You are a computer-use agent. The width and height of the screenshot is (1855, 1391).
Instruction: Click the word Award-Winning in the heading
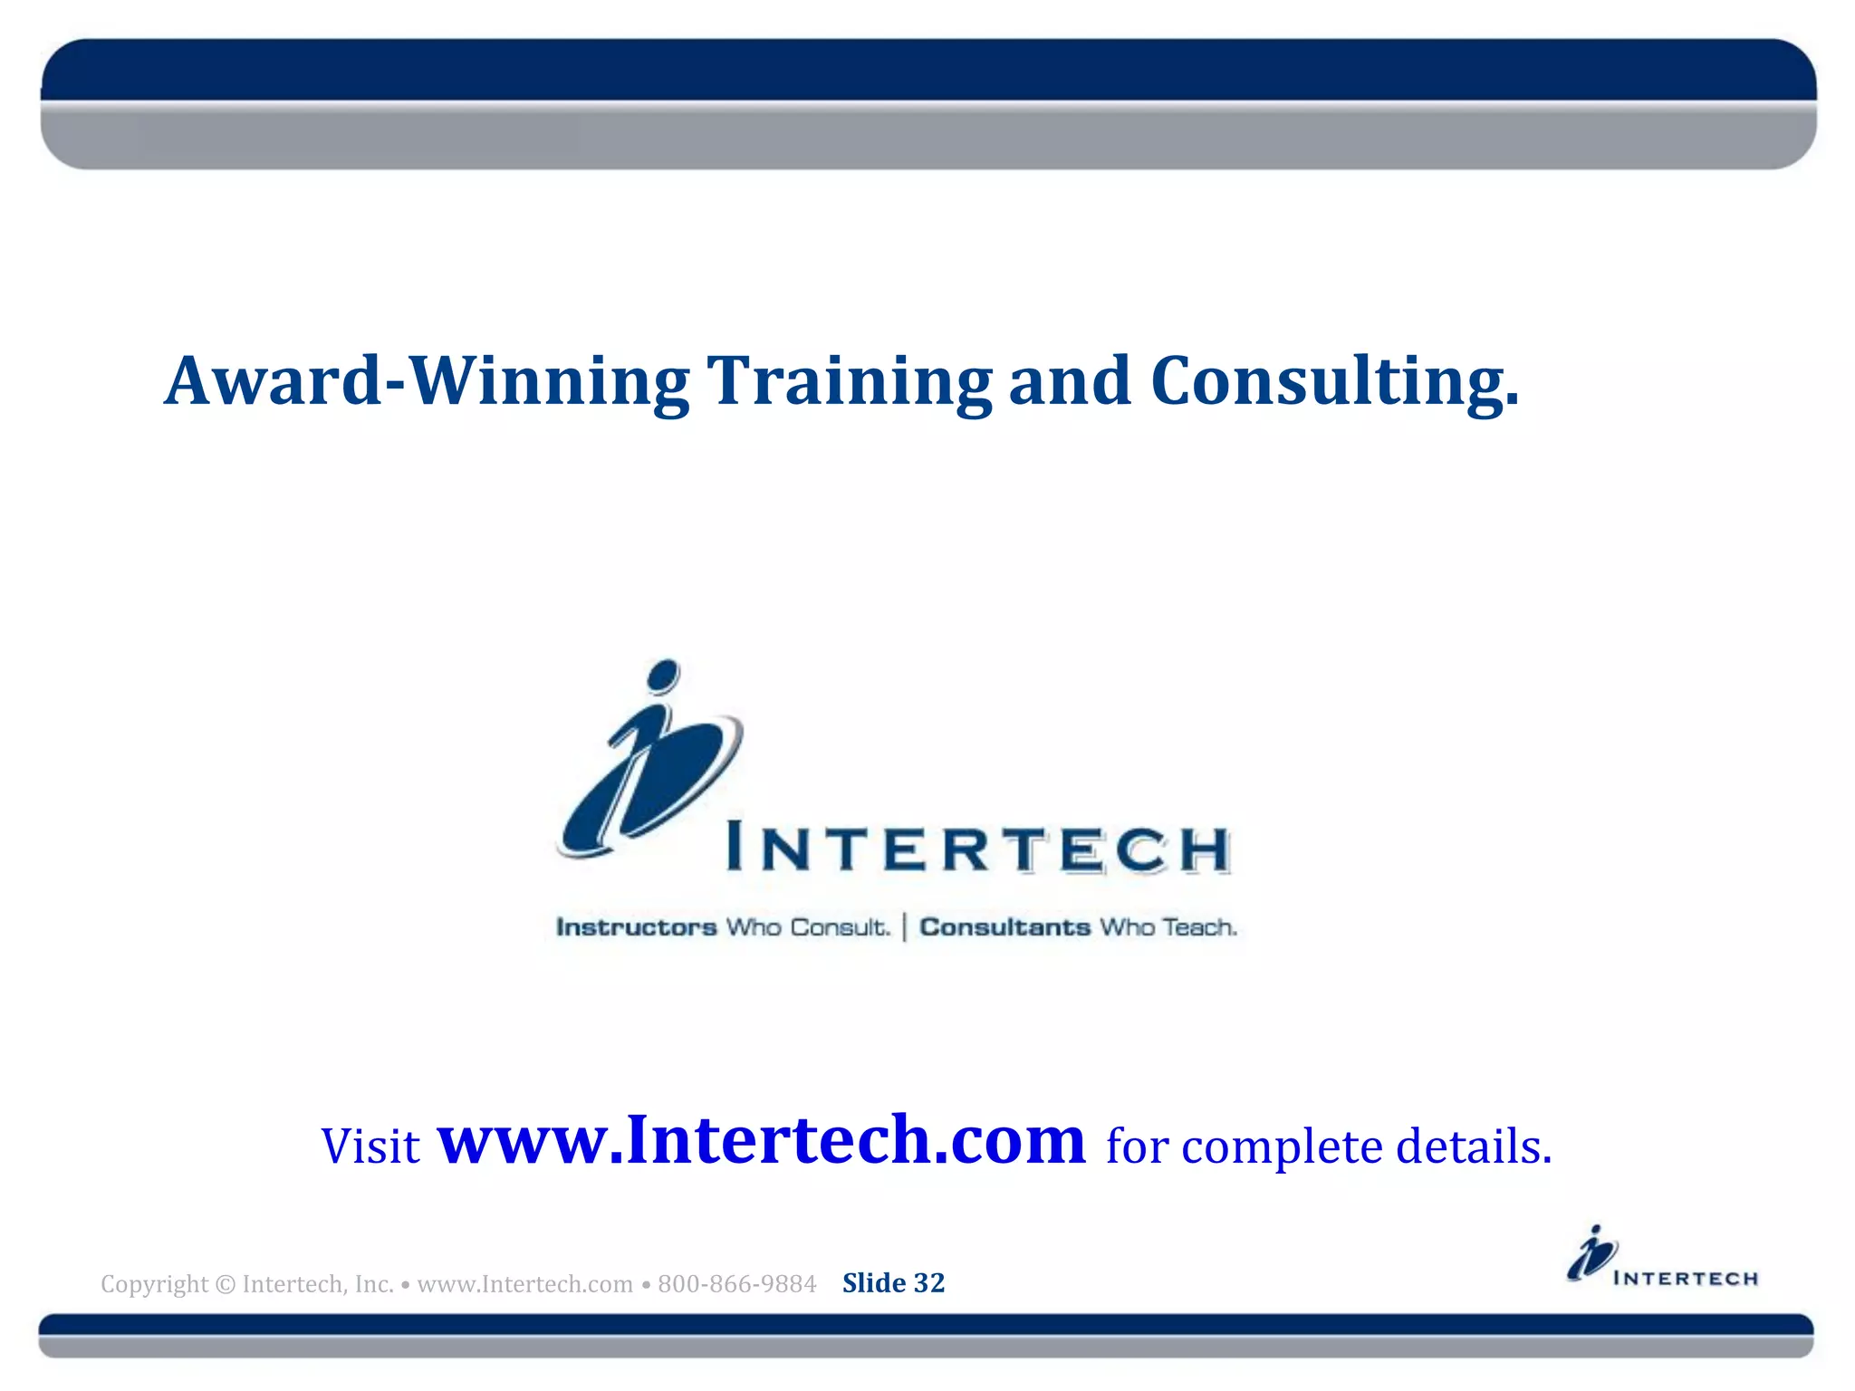point(426,381)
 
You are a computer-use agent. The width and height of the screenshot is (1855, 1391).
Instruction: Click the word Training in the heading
point(849,381)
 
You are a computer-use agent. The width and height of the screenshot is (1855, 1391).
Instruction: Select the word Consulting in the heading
point(1333,381)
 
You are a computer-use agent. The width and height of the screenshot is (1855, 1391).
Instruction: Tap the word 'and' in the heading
point(1069,381)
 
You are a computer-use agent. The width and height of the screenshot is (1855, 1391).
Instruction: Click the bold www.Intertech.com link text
point(761,1140)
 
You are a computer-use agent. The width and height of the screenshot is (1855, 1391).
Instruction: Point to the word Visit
point(370,1146)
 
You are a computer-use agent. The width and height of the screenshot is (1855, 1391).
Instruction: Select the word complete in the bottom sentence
point(1282,1146)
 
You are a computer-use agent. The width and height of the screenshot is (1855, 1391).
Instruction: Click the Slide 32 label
point(893,1283)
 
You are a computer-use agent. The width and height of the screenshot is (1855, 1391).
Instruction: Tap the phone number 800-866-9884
point(736,1284)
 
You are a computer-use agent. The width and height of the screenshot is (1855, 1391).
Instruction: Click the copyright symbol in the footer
point(226,1284)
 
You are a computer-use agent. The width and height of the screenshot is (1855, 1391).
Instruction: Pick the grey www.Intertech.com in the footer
point(524,1284)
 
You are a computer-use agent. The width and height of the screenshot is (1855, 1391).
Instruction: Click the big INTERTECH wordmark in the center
point(978,849)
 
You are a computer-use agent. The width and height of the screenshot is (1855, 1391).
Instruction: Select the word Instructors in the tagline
point(636,927)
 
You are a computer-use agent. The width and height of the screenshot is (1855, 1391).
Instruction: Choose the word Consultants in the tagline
point(1004,927)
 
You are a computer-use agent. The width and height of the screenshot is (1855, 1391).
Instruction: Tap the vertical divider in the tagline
point(904,927)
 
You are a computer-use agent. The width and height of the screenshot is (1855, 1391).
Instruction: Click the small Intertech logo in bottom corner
point(1661,1258)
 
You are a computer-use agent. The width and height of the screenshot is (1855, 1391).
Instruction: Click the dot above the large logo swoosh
point(664,674)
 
